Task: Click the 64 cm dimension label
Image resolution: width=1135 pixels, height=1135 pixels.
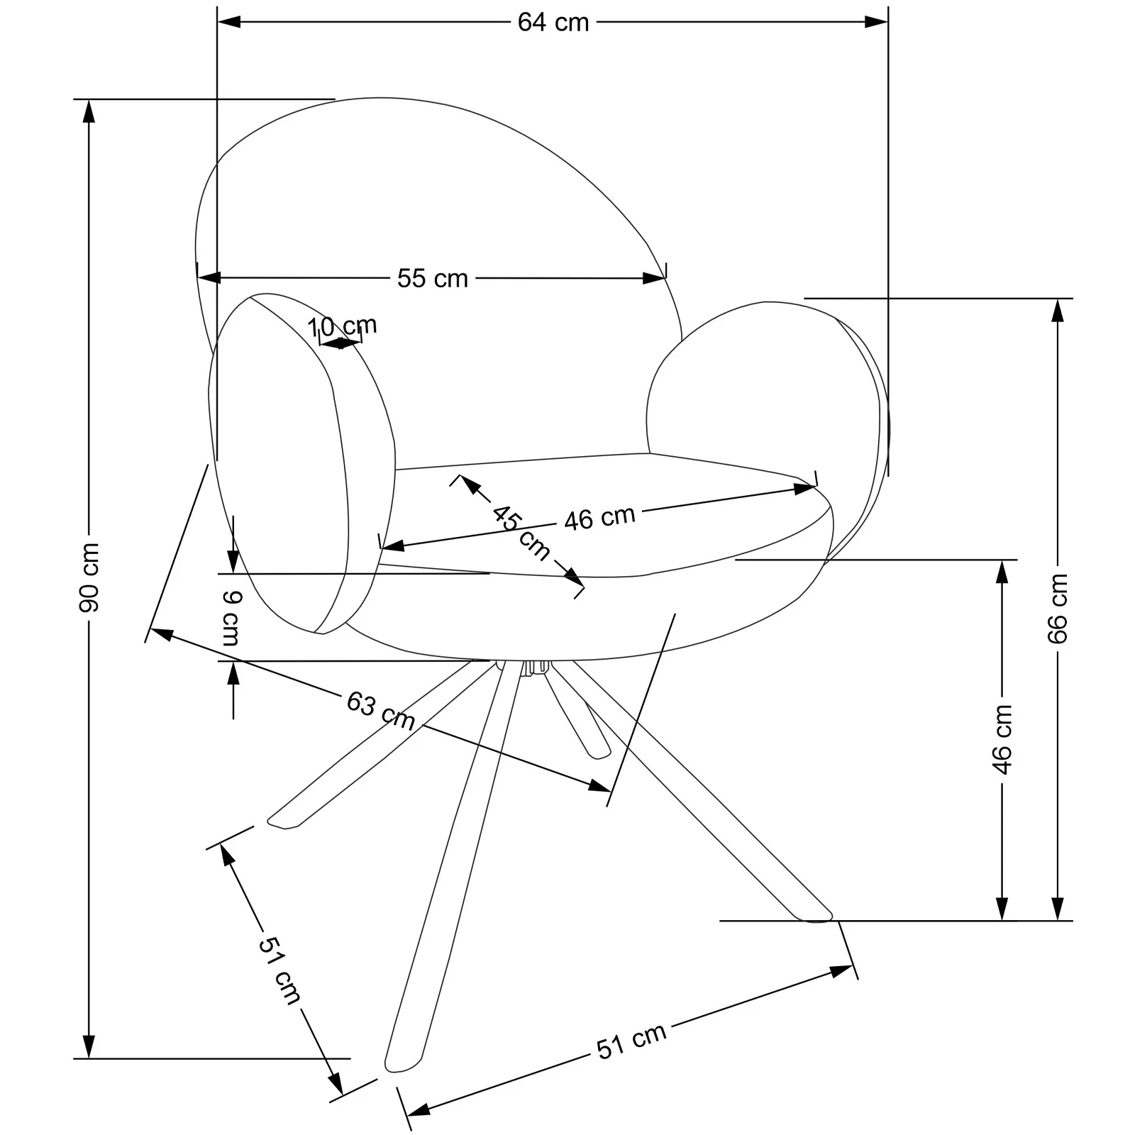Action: click(x=553, y=23)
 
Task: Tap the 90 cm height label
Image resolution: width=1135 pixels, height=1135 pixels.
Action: click(x=89, y=577)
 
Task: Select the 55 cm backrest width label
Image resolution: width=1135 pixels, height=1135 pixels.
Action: click(x=433, y=278)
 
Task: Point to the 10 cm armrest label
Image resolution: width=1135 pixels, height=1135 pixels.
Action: click(x=342, y=327)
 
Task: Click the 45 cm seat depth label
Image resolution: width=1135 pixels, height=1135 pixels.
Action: click(x=521, y=532)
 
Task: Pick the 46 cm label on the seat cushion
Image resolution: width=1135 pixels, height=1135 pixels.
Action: click(x=600, y=518)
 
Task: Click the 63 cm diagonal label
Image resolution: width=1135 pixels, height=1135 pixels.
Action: click(x=381, y=710)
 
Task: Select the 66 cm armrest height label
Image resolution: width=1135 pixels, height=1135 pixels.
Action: click(x=1058, y=609)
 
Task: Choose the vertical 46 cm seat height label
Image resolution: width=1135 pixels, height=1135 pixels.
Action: click(x=1002, y=740)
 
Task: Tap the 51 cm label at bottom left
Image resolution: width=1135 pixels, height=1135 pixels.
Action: click(x=279, y=970)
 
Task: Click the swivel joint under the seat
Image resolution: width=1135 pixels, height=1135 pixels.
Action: click(x=536, y=668)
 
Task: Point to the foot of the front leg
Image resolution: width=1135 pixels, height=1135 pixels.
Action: click(x=402, y=1083)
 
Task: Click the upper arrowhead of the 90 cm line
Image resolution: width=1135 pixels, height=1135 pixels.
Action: click(x=89, y=111)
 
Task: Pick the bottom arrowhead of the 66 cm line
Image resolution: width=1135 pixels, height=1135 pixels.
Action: click(x=1058, y=909)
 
